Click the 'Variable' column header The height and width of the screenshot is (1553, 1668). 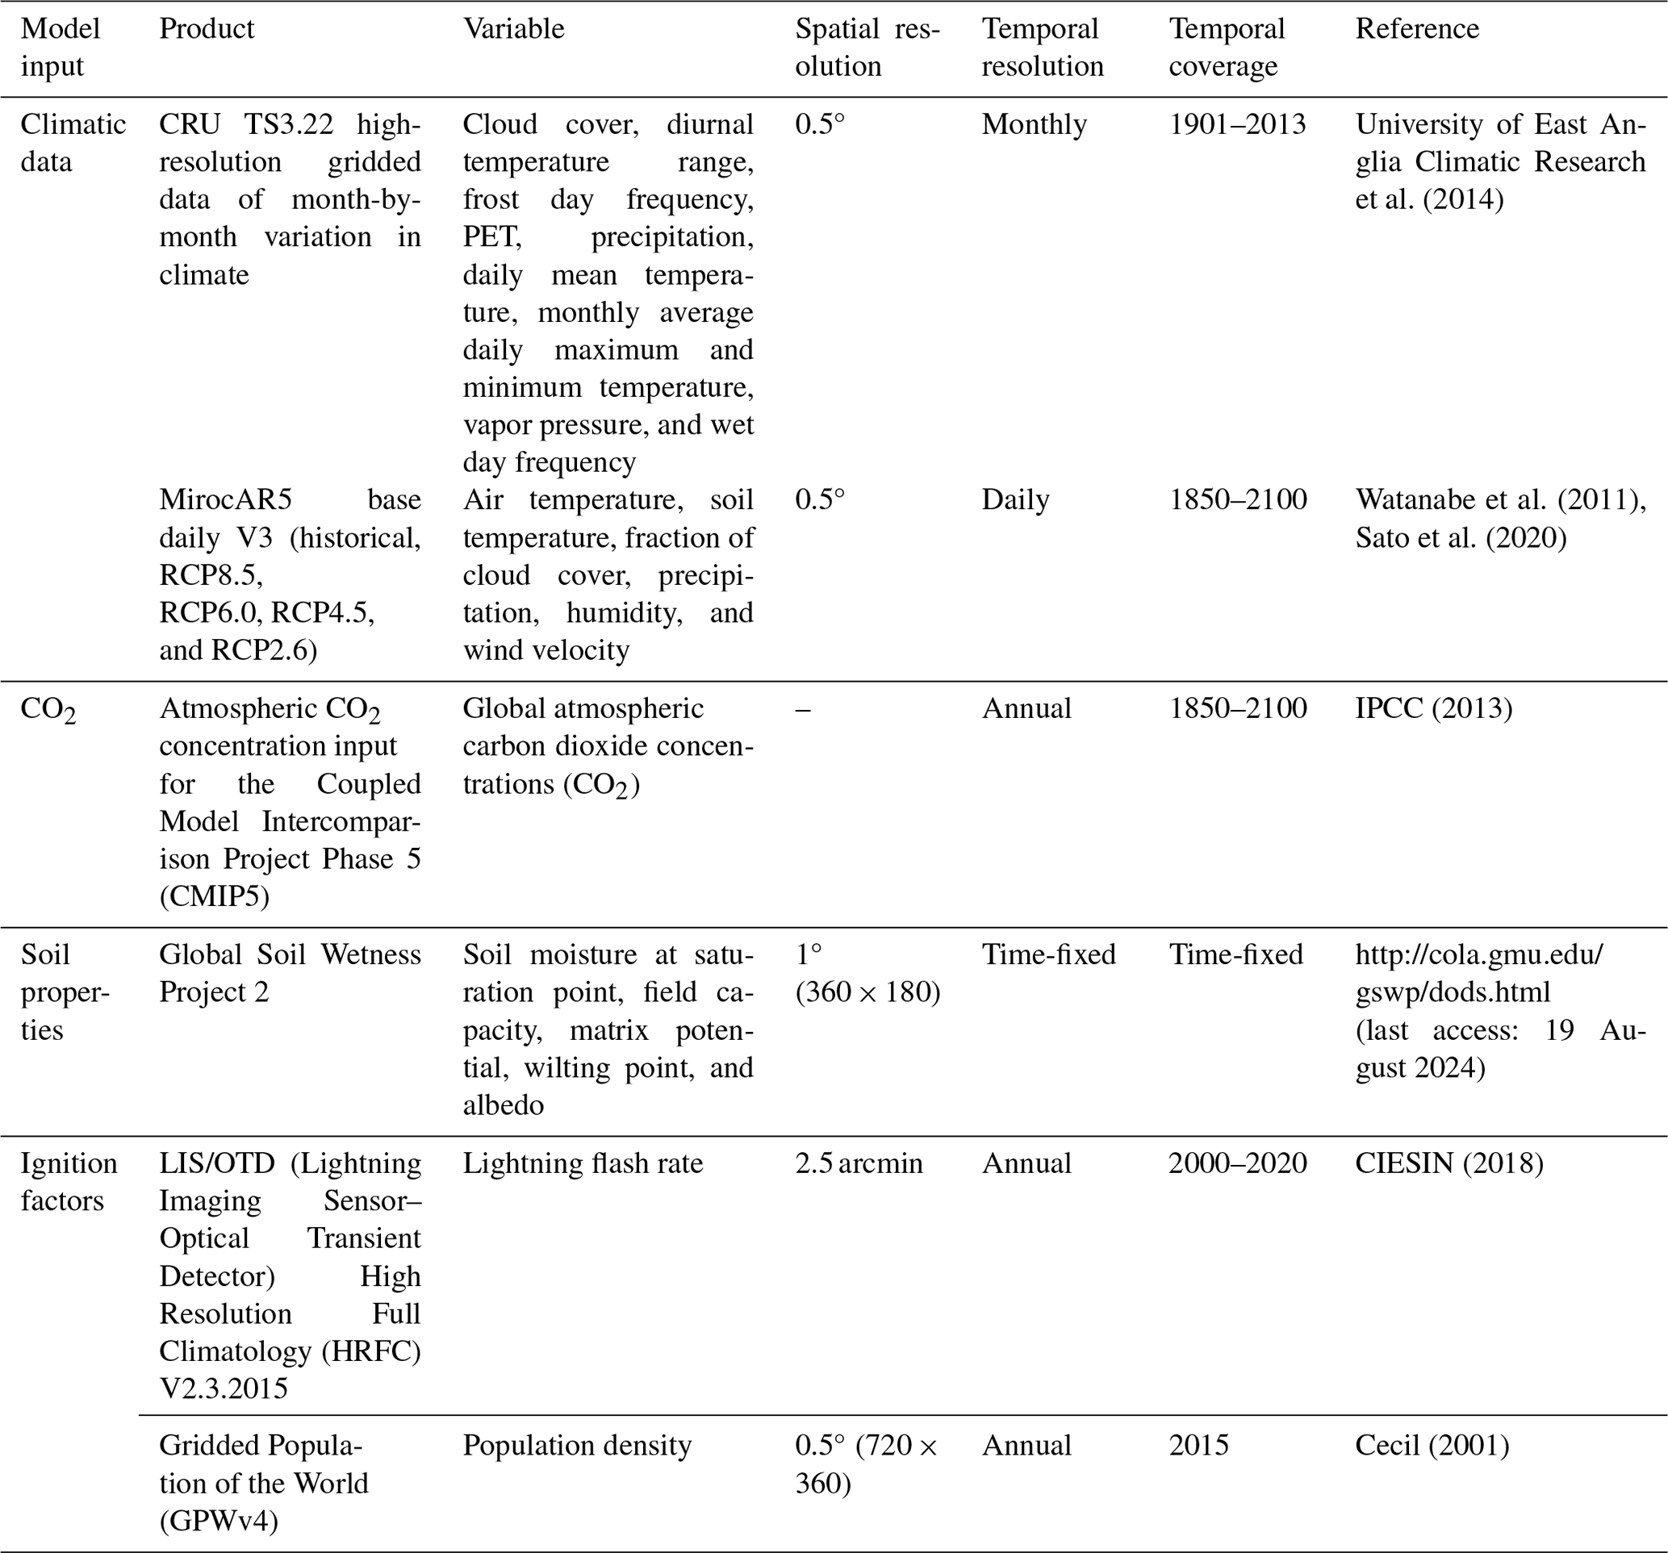point(513,29)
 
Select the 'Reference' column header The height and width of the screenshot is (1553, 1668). point(1416,29)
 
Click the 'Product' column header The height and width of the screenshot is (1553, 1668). point(207,29)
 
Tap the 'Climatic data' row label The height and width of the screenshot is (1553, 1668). point(73,143)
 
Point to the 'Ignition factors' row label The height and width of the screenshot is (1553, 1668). point(69,1181)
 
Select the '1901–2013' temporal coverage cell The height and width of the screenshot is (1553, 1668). point(1237,125)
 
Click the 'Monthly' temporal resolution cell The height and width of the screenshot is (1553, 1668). point(1034,125)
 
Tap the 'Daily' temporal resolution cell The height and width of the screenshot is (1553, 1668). point(1015,500)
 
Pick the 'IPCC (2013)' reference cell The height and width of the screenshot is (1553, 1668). point(1433,709)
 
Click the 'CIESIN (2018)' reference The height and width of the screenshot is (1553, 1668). point(1449,1163)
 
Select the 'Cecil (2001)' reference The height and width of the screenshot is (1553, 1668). point(1432,1446)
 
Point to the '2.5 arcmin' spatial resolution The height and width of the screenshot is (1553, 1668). point(859,1163)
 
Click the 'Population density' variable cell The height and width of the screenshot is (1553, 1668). point(576,1446)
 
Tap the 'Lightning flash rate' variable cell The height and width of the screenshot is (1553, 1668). point(583,1163)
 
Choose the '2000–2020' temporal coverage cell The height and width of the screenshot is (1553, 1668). point(1237,1163)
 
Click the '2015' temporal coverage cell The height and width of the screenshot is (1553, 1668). point(1198,1446)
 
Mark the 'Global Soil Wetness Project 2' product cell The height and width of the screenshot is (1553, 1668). point(290,973)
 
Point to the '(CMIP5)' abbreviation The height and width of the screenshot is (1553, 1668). point(214,897)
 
